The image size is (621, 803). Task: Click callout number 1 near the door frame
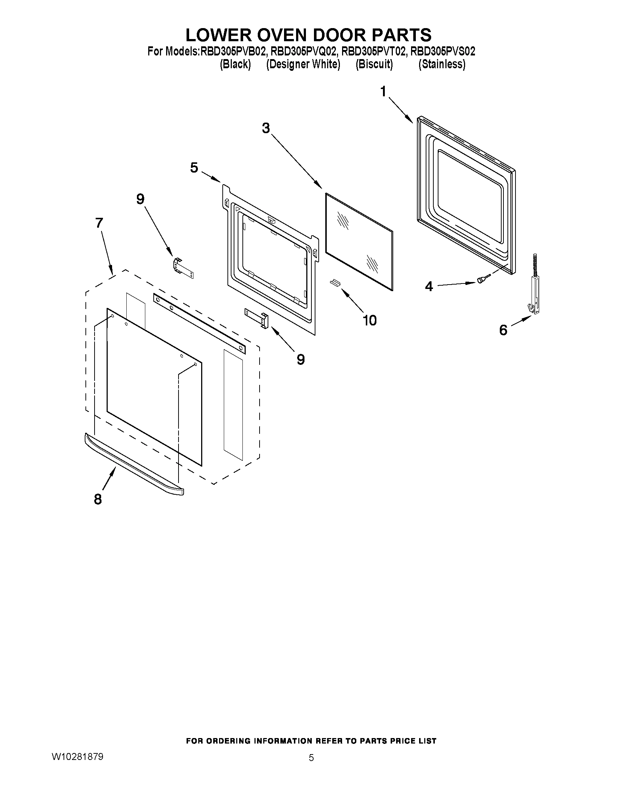point(384,91)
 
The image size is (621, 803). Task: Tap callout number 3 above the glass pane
point(266,128)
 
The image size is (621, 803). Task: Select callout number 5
point(194,168)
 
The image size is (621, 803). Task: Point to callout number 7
point(99,223)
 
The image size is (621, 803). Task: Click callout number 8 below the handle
point(98,499)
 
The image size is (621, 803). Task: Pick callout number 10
point(370,320)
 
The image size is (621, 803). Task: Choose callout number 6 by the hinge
point(503,330)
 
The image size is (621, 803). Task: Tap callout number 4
point(429,286)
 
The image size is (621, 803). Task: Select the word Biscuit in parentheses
point(374,64)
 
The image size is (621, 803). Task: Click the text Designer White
point(303,64)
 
